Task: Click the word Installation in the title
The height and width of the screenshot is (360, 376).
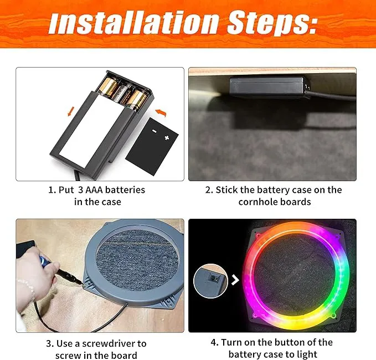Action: click(133, 23)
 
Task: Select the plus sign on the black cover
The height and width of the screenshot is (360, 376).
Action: click(167, 138)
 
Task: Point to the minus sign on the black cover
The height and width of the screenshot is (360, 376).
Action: click(154, 131)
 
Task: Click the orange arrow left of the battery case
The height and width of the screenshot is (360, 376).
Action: click(71, 111)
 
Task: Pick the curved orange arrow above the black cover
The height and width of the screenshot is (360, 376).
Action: click(161, 112)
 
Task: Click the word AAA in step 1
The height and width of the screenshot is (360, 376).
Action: click(94, 190)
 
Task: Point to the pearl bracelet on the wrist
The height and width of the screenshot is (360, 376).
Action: click(28, 287)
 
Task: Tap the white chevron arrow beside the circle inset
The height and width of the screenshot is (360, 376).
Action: click(235, 280)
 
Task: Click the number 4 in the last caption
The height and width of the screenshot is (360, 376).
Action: click(213, 342)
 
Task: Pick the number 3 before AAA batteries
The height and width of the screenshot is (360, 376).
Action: click(81, 190)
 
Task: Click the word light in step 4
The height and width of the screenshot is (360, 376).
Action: click(306, 354)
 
